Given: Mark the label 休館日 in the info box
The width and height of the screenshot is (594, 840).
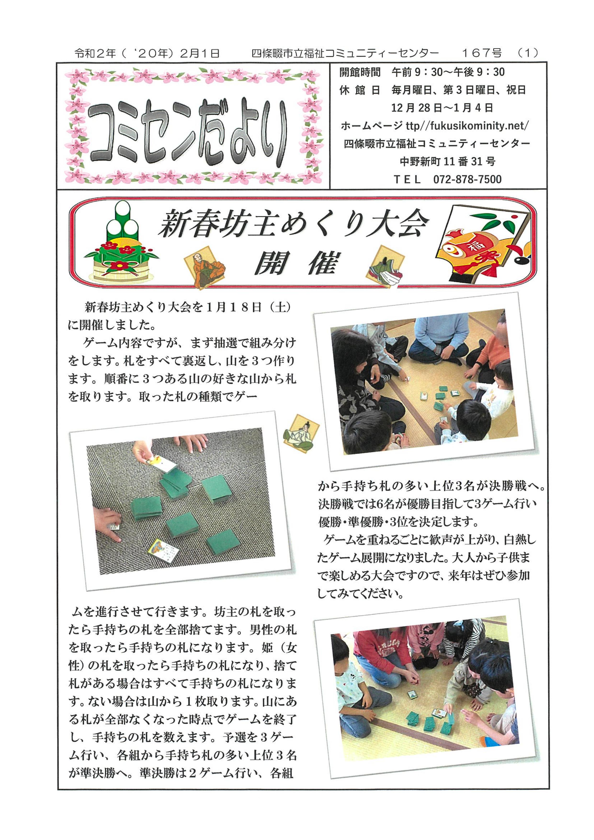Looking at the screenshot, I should (360, 90).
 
